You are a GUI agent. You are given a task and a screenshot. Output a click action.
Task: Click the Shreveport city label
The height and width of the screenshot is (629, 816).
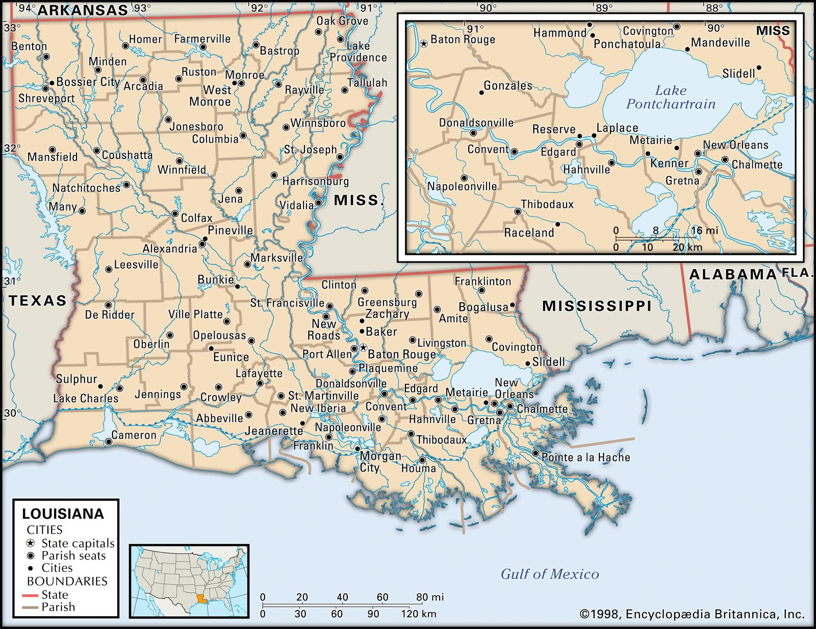click(46, 98)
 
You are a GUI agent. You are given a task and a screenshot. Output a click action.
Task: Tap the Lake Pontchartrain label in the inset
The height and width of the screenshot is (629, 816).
click(671, 97)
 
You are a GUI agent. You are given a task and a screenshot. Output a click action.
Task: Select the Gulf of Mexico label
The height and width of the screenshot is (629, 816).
click(549, 574)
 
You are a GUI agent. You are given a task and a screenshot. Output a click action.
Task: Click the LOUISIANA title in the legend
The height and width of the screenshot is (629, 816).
click(63, 513)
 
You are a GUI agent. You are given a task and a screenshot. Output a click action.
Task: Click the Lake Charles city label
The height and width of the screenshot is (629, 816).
click(86, 398)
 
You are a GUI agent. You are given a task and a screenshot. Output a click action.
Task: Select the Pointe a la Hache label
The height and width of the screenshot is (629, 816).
click(585, 457)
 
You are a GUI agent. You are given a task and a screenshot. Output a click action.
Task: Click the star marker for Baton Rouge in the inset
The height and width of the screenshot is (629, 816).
click(423, 44)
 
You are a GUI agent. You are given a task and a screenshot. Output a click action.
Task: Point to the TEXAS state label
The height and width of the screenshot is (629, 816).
click(38, 300)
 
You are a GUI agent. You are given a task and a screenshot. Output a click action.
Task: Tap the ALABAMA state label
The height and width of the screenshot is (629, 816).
click(732, 274)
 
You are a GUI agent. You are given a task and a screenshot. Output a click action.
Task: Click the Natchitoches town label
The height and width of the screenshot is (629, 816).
click(86, 188)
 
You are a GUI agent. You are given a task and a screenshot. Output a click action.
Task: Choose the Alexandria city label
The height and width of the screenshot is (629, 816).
click(169, 249)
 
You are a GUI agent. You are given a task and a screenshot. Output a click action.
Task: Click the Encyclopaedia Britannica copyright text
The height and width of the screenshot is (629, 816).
click(692, 614)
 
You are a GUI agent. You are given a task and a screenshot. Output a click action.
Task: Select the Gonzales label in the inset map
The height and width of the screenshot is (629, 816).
click(507, 86)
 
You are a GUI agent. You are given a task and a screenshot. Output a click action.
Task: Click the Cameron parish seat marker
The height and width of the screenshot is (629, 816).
click(109, 442)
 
